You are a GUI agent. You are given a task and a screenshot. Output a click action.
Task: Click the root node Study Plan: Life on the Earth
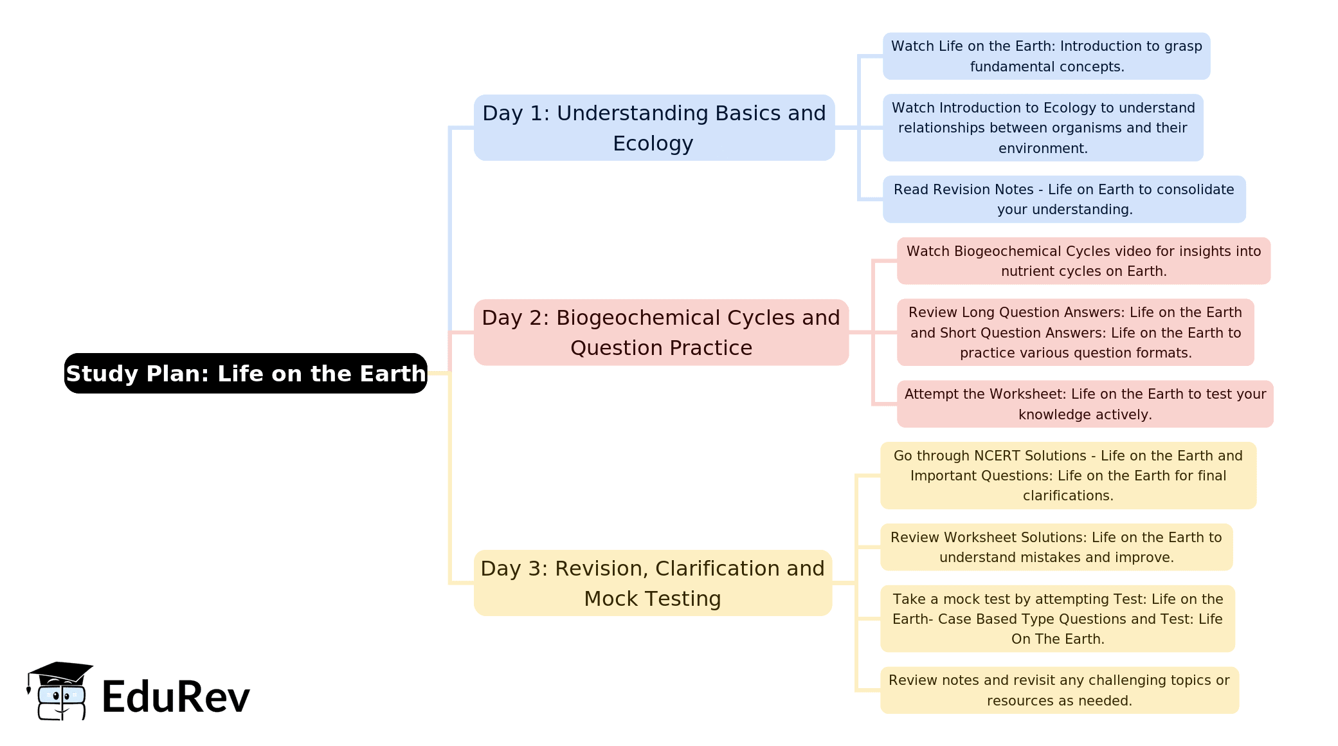[x=246, y=373]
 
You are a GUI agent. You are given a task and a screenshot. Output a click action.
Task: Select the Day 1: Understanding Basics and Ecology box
[x=654, y=127]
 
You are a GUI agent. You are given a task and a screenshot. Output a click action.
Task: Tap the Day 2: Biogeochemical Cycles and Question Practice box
[x=661, y=332]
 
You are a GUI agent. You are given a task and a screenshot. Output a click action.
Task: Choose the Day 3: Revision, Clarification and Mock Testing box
[x=653, y=583]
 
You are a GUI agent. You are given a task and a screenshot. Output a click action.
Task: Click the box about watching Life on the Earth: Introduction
[x=1046, y=56]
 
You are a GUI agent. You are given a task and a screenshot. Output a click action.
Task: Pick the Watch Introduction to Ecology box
[x=1043, y=127]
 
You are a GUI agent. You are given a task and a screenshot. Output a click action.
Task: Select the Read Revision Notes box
[x=1064, y=199]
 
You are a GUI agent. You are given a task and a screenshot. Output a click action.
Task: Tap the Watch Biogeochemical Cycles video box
[x=1083, y=260]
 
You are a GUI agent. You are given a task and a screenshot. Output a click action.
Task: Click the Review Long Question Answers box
[x=1075, y=332]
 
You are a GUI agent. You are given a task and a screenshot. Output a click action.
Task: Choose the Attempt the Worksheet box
[x=1085, y=404]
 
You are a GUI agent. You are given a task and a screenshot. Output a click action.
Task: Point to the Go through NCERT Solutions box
[x=1068, y=475]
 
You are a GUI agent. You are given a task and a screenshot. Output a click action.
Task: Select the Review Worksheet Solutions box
[x=1056, y=547]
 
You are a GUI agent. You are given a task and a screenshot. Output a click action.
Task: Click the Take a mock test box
[x=1058, y=619]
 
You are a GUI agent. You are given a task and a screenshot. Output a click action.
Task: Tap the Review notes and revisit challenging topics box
[x=1059, y=690]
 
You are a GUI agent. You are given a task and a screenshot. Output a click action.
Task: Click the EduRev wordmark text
[x=176, y=696]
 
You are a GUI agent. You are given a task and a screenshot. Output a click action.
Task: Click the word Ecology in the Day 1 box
[x=653, y=144]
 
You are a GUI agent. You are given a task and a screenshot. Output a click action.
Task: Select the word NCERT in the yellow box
[x=998, y=455]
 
